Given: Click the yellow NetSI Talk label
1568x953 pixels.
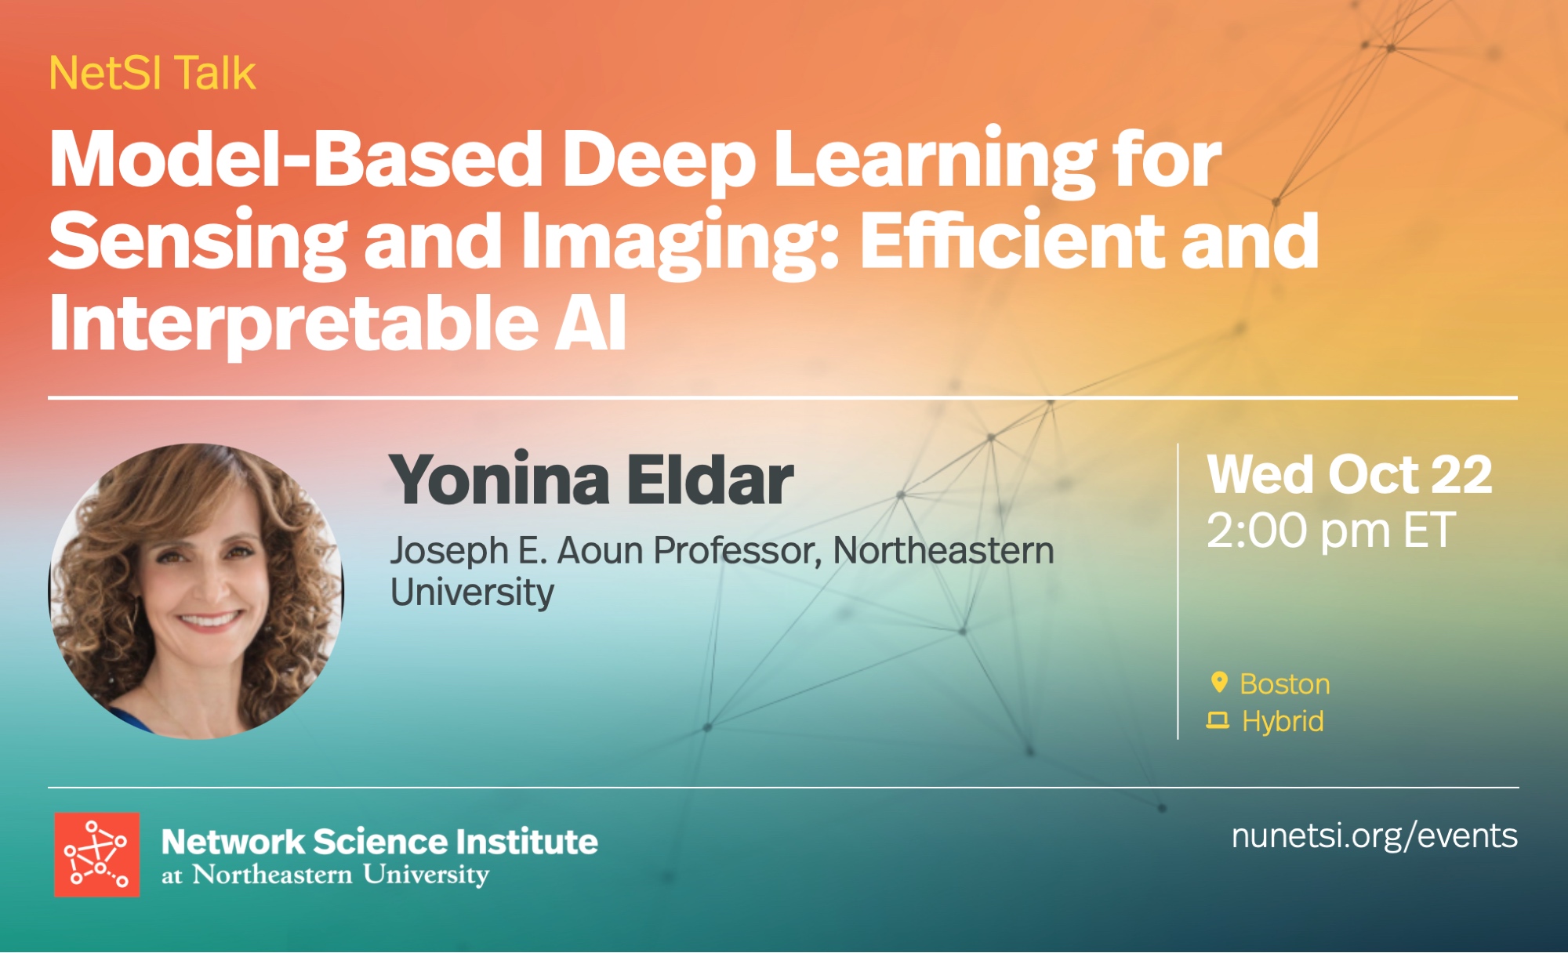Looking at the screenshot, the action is pyautogui.click(x=152, y=74).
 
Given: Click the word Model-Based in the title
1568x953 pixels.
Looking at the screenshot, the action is pyautogui.click(x=296, y=158).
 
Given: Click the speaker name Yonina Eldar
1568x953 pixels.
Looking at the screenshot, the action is pyautogui.click(x=591, y=480).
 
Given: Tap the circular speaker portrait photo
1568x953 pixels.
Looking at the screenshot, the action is pyautogui.click(x=196, y=591).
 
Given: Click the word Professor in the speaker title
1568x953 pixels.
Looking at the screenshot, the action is pyautogui.click(x=738, y=550).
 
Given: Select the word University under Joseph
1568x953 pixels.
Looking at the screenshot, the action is pyautogui.click(x=472, y=592).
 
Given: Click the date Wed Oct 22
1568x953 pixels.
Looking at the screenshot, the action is pyautogui.click(x=1349, y=475).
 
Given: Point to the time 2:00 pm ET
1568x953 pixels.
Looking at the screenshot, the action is pyautogui.click(x=1331, y=531).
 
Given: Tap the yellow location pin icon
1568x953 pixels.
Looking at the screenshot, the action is pyautogui.click(x=1219, y=683).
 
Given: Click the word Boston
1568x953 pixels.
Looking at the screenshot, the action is pyautogui.click(x=1285, y=684).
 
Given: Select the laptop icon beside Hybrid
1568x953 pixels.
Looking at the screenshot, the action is pyautogui.click(x=1218, y=720).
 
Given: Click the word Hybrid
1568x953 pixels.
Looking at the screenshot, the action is pyautogui.click(x=1283, y=721).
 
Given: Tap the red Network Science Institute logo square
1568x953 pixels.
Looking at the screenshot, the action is pyautogui.click(x=97, y=854).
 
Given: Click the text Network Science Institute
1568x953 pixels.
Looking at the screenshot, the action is pyautogui.click(x=379, y=842).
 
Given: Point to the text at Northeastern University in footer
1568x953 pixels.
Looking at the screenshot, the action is pyautogui.click(x=325, y=875).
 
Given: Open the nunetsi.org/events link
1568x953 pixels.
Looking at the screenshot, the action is pyautogui.click(x=1374, y=836).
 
